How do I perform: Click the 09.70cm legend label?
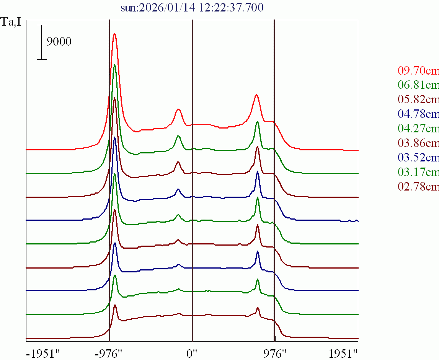pos(418,70)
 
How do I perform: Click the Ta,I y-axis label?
pos(11,22)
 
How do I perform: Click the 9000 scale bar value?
pos(59,42)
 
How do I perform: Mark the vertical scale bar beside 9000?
pos(42,42)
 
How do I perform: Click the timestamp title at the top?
pos(192,8)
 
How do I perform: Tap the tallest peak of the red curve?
pos(114,34)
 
